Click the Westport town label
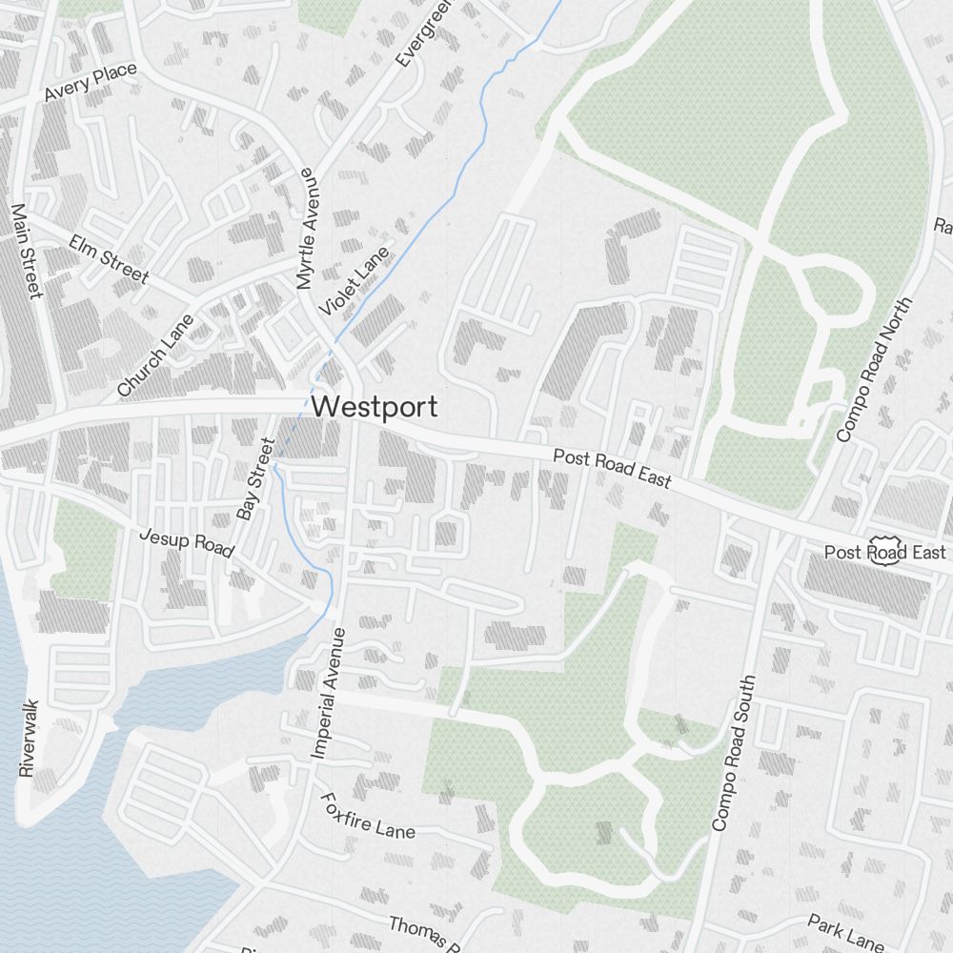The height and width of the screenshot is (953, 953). [x=375, y=407]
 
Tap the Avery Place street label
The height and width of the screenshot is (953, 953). [x=91, y=83]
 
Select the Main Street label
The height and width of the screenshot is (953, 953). [x=24, y=250]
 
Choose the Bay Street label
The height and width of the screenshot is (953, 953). [x=255, y=478]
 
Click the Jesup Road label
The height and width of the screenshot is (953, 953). [x=187, y=542]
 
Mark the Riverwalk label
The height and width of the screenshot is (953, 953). [x=30, y=735]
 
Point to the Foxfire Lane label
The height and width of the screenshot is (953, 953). [x=368, y=816]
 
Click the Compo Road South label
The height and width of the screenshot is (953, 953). [x=733, y=753]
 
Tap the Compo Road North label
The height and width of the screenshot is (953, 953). [x=873, y=369]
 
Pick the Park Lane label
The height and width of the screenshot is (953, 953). [x=845, y=932]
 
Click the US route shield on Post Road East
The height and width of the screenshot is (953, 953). [x=885, y=554]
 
